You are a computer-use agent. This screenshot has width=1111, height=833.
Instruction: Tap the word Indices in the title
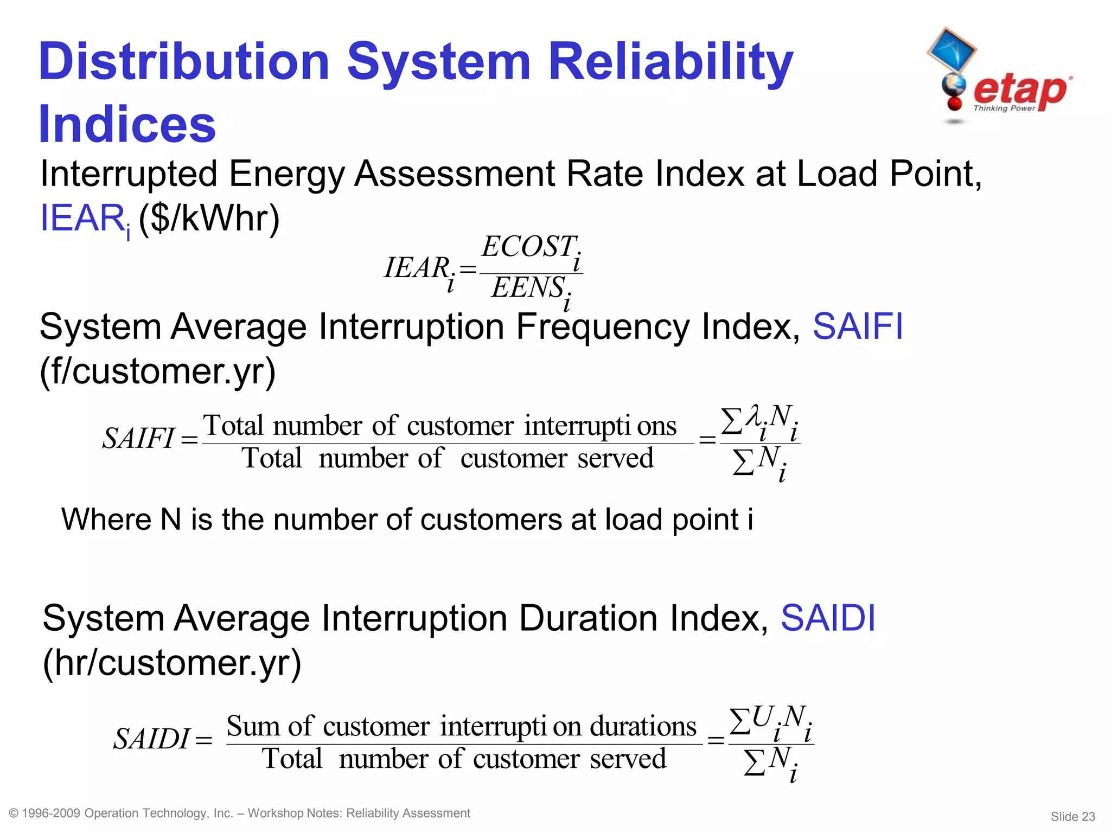[x=127, y=125]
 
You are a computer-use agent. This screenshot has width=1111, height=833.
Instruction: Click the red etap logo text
[x=1020, y=91]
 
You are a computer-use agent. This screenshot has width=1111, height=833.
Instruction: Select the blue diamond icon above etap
[x=952, y=50]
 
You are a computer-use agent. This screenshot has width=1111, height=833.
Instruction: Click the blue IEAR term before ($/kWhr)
[x=82, y=219]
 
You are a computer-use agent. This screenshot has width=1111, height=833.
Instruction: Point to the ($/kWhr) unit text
[x=209, y=219]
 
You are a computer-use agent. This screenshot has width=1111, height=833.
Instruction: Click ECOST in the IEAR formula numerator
[x=528, y=247]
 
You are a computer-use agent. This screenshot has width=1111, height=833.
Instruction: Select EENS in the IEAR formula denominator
[x=528, y=287]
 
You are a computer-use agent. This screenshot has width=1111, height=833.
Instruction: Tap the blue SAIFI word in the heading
[x=857, y=326]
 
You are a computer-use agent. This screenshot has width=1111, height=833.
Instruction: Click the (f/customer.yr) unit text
[x=157, y=371]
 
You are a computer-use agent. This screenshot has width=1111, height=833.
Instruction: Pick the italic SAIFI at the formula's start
[x=138, y=438]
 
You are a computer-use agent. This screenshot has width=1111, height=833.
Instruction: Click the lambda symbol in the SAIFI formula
[x=753, y=416]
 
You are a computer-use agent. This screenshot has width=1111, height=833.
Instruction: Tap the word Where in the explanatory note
[x=106, y=520]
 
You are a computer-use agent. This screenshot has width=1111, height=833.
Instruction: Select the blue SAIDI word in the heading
[x=828, y=618]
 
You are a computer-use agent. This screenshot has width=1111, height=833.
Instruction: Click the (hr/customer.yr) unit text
[x=171, y=663]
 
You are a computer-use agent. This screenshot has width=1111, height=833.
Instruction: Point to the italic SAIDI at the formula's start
[x=151, y=739]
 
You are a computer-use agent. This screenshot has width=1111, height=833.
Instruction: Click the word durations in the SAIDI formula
[x=643, y=726]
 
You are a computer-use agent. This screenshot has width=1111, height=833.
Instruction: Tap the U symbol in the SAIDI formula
[x=762, y=717]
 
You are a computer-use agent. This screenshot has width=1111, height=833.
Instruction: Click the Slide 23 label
[x=1072, y=816]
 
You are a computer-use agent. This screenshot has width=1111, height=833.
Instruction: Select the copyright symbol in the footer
[x=14, y=813]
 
